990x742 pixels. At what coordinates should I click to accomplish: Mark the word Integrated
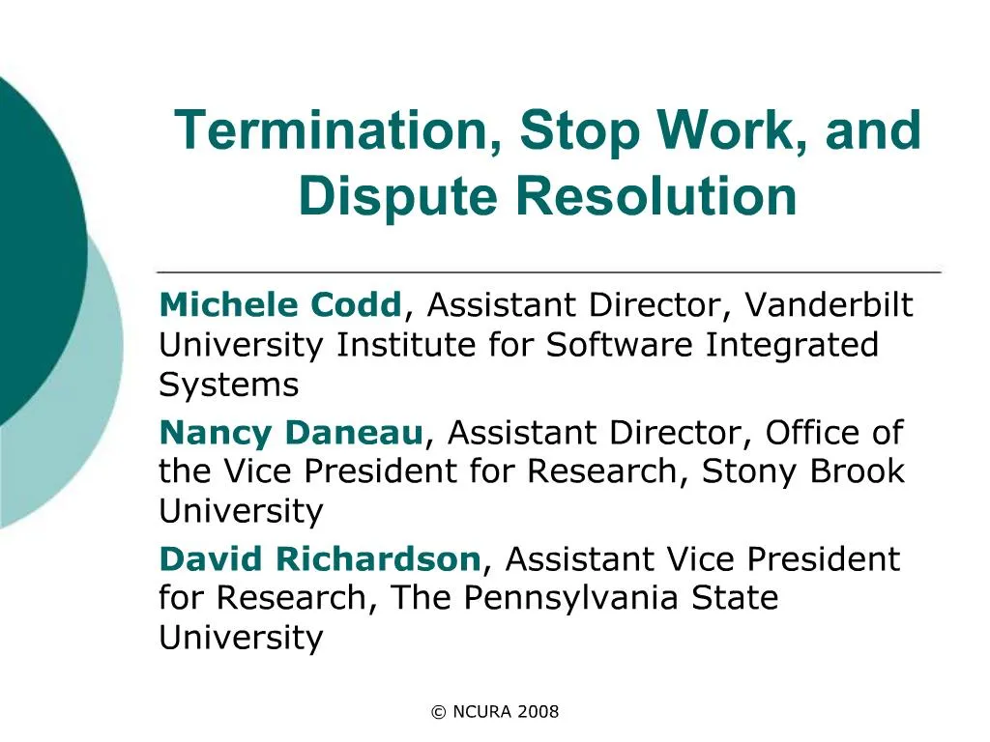click(792, 345)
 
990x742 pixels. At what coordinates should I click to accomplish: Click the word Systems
click(228, 385)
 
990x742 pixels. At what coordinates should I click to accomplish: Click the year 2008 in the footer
click(539, 712)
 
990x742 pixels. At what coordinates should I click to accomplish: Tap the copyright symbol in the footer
click(438, 713)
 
